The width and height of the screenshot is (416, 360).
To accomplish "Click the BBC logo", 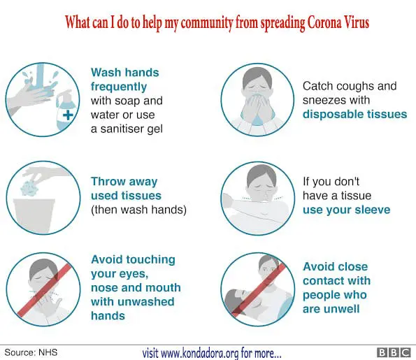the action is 394,352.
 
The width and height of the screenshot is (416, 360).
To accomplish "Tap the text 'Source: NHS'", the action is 31,352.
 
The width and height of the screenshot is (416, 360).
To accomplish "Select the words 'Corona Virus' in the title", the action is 338,22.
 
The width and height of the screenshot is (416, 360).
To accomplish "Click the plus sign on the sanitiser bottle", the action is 69,115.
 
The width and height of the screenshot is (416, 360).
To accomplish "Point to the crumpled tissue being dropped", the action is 29,187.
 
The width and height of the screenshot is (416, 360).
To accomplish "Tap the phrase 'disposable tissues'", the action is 354,115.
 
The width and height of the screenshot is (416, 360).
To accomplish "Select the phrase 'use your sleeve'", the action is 347,210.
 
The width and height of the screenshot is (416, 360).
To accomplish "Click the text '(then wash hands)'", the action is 138,210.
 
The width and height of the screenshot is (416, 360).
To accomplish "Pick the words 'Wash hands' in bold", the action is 125,73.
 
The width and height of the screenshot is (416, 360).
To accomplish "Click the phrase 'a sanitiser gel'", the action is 127,129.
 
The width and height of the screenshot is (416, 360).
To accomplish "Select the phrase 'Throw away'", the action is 124,182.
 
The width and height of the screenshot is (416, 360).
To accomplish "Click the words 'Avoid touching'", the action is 133,259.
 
